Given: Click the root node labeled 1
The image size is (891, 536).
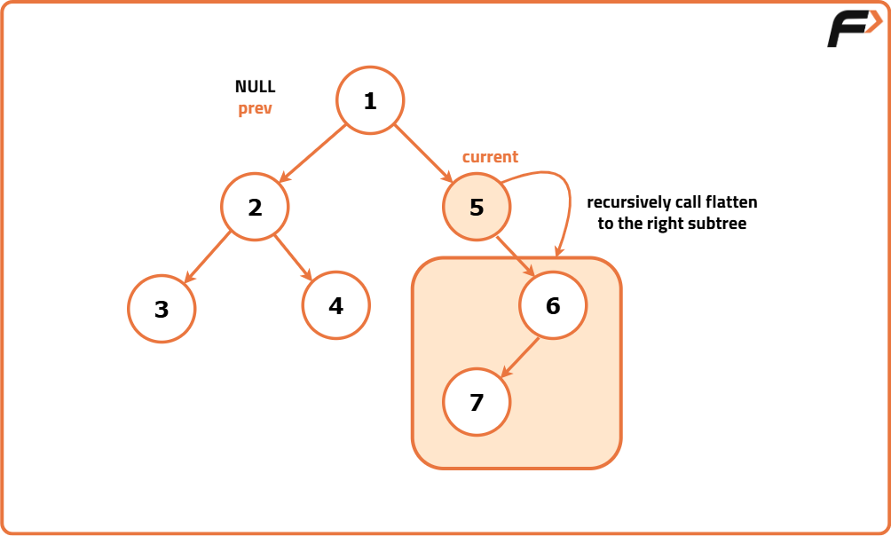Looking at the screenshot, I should pos(370,101).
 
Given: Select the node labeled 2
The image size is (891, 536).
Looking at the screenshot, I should pos(255,208).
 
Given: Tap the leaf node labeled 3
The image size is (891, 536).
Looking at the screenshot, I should pos(161,309).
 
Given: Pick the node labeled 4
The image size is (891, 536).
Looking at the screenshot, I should pos(335,305).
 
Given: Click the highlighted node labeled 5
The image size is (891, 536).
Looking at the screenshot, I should pos(477,208).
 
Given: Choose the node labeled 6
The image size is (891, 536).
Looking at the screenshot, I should pos(553,305).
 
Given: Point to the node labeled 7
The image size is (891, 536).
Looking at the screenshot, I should pos(477,402).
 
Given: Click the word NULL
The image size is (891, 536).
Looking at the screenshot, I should pos(255,87).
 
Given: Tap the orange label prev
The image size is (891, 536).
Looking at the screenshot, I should pos(255,109).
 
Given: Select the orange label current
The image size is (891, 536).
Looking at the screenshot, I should pos(490,157).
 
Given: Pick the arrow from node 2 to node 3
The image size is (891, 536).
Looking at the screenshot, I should pos(208,258).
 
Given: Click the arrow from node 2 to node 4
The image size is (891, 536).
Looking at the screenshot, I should pos(294,257).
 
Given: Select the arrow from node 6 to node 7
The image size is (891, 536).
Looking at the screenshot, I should pos(520,357).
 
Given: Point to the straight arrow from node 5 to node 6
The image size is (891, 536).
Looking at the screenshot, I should pos(515,257).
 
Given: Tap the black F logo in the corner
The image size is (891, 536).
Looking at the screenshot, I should pos(852,28).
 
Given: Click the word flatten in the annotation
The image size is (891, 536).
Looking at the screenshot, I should pos(732,202).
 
